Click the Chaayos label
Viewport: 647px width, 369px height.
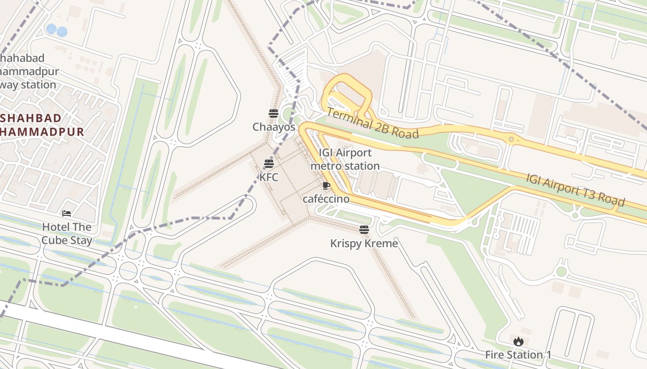pos(274,126)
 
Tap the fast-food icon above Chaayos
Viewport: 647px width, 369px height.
pos(274,113)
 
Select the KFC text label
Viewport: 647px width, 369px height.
pos(269,177)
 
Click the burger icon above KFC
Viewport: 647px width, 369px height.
pos(269,163)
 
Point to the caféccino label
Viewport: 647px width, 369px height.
pos(326,199)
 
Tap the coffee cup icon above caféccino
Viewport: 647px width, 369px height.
pos(326,186)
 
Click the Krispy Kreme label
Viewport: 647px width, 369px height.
pos(364,243)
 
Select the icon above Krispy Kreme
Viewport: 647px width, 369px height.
pos(364,230)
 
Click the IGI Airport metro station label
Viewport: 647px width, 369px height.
pos(345,159)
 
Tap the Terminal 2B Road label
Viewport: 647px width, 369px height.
pos(372,123)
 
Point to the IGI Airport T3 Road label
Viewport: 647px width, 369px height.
pos(575,190)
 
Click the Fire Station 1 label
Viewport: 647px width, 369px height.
pos(518,355)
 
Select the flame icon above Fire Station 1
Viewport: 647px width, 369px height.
pos(518,342)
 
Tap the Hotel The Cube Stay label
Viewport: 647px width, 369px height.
pos(67,233)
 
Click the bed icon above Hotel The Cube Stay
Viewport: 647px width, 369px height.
pos(67,214)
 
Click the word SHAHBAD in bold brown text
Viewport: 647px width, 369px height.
pos(31,118)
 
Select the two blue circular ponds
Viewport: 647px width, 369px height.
pos(56,30)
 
